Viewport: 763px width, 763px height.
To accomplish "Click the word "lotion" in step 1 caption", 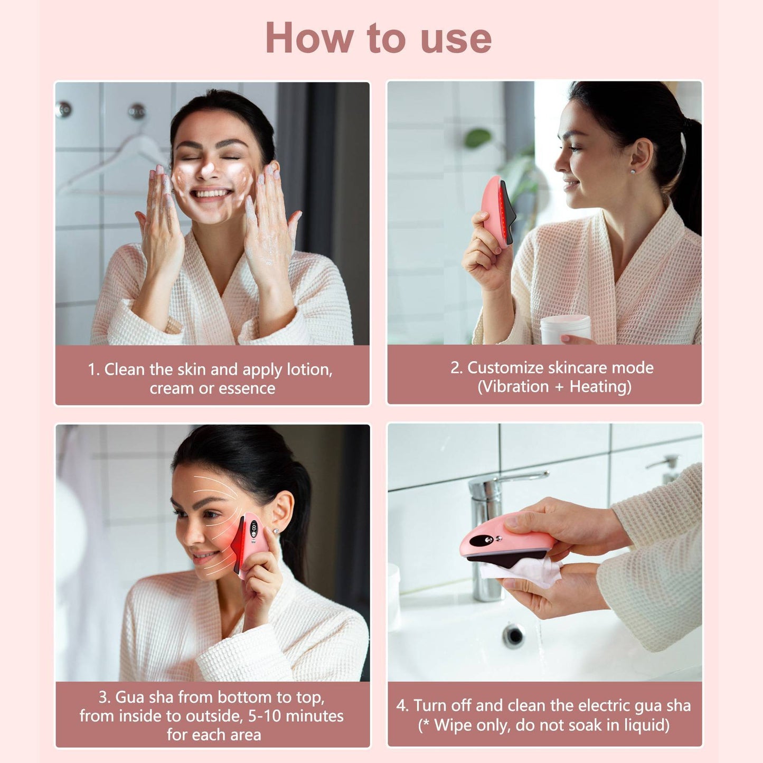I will tap(309, 370).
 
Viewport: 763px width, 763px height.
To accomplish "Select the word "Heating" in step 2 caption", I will tap(600, 387).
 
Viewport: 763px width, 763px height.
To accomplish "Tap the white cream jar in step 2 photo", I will tap(566, 328).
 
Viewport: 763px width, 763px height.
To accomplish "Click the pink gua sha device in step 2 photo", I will tap(496, 211).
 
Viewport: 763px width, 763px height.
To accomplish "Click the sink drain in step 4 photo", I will tap(513, 635).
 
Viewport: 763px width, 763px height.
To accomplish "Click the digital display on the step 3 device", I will tap(254, 528).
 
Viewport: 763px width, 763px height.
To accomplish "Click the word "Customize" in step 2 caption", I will tap(500, 368).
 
